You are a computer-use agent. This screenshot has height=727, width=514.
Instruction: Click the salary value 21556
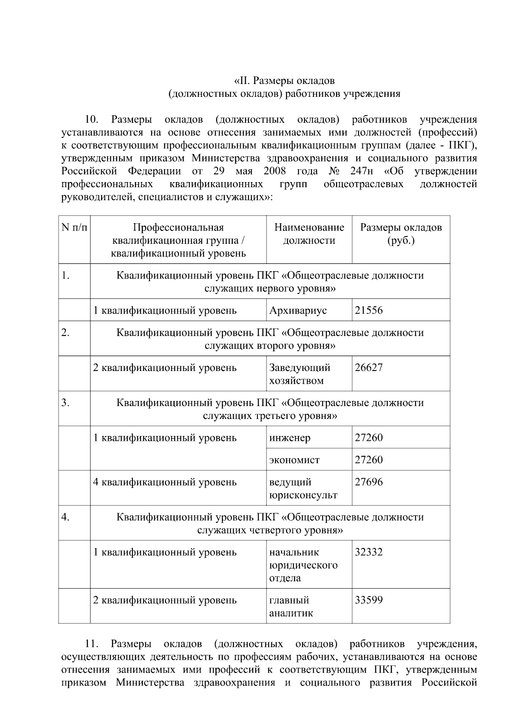[x=369, y=310]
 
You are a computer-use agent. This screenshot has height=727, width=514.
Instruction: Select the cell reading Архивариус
[x=298, y=310]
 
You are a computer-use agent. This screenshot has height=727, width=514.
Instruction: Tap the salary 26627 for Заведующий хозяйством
[x=369, y=368]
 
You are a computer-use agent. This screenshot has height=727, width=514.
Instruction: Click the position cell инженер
[x=290, y=438]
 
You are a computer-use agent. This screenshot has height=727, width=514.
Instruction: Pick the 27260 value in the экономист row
[x=369, y=460]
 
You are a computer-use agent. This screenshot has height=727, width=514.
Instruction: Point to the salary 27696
[x=369, y=482]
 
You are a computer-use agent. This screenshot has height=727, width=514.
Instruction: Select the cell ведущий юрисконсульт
[x=303, y=488]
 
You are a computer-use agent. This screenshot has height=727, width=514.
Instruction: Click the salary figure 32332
[x=369, y=552]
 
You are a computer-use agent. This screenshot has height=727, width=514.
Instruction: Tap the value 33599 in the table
[x=369, y=600]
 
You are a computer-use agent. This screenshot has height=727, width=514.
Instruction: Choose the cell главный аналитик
[x=291, y=606]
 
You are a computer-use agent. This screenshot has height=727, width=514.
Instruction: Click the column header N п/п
[x=74, y=227]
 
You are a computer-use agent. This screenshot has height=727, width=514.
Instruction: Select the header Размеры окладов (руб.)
[x=400, y=233]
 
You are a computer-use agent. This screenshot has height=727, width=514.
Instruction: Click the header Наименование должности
[x=309, y=233]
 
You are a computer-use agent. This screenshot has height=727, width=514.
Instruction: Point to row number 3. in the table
[x=65, y=403]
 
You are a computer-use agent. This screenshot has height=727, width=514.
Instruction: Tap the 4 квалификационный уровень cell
[x=165, y=482]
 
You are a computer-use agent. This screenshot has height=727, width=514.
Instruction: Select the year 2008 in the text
[x=275, y=171]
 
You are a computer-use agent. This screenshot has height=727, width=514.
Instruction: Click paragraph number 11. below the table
[x=93, y=644]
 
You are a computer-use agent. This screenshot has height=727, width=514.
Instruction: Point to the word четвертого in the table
[x=275, y=530]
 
